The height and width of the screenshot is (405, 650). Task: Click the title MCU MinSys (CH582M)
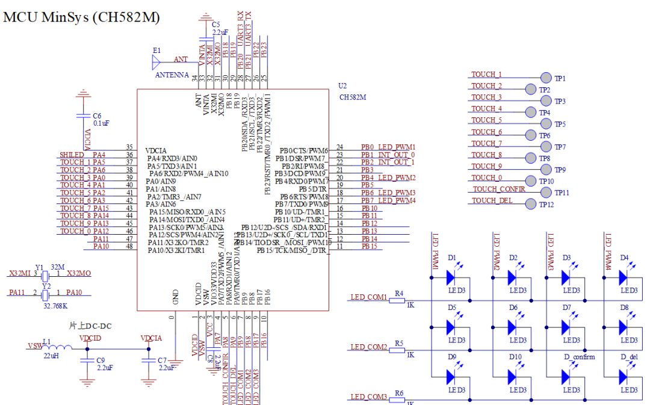(x=82, y=17)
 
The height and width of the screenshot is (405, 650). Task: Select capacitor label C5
(x=215, y=24)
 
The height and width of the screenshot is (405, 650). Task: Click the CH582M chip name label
(x=353, y=96)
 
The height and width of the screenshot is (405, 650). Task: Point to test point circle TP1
(x=546, y=78)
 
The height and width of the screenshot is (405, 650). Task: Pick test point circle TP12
(x=530, y=204)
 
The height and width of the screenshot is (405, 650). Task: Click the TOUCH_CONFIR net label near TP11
(x=499, y=189)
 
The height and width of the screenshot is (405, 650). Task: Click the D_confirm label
(x=580, y=357)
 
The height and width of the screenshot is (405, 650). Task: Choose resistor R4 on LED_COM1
(x=398, y=300)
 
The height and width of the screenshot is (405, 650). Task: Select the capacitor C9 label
(x=101, y=360)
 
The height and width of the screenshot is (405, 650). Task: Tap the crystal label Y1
(x=39, y=267)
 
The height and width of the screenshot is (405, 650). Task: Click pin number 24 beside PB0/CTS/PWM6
(x=340, y=147)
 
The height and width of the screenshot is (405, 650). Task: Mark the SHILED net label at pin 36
(x=72, y=155)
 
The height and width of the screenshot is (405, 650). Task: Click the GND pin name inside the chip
(x=175, y=295)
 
